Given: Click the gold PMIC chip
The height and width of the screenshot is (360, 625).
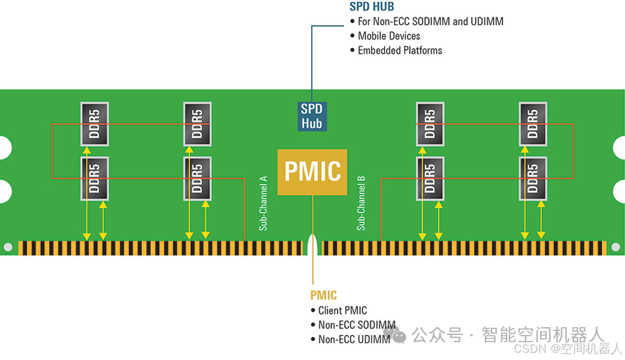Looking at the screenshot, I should point(312,171).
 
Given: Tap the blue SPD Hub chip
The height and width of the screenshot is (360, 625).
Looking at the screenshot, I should point(312,116).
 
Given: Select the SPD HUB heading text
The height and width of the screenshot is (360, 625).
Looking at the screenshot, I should point(372,7).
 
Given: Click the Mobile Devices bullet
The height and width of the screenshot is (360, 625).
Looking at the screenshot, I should point(389,36).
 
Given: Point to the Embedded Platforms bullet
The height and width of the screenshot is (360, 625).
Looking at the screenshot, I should point(400,50).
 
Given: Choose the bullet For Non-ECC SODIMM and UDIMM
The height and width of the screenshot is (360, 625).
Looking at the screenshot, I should point(430,21).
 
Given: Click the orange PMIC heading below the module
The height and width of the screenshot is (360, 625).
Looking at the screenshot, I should point(324,296).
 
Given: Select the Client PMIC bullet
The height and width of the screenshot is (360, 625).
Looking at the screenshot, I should point(342,310).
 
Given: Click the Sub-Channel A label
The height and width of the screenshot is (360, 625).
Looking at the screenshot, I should point(263,203).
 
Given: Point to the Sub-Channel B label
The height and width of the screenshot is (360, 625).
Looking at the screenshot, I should point(361,203).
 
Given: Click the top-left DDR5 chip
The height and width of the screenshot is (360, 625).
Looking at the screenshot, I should point(93,124).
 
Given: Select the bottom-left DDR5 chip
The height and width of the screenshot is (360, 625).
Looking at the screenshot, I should point(93,178).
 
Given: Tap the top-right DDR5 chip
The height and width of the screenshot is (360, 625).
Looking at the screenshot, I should point(533,124).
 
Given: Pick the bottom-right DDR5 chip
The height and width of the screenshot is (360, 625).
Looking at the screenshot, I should point(533,178).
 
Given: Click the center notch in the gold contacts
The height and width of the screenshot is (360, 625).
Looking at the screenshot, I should point(312,246).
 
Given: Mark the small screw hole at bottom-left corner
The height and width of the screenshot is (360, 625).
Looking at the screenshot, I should point(8,247).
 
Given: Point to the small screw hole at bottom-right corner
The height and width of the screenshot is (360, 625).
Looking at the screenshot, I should point(616,247).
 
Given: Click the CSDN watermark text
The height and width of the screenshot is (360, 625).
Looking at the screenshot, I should point(567,348).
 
